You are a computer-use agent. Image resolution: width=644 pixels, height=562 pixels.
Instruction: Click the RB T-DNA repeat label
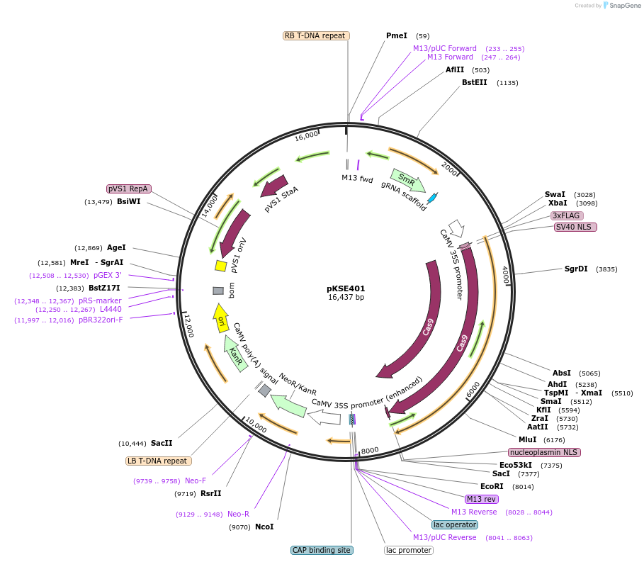pos(315,35)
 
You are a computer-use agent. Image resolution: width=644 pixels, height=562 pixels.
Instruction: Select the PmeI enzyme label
pos(397,35)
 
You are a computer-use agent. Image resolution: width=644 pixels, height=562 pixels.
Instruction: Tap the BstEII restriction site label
pos(475,83)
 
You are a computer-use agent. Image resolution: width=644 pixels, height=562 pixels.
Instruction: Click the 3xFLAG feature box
pos(567,215)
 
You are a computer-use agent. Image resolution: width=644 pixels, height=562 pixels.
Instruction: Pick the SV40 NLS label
pos(576,227)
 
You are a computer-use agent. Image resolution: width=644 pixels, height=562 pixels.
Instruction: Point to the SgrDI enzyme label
pos(576,269)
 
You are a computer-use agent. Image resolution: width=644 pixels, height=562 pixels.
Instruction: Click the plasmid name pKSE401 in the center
pos(346,288)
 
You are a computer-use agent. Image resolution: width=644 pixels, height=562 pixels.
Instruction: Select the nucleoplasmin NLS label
pos(544,452)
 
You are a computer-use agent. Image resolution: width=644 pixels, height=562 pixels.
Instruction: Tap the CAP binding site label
pos(322,550)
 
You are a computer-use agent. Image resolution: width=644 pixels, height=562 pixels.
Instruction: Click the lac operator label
pos(455,525)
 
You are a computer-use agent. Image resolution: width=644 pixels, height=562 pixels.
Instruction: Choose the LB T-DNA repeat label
pos(158,461)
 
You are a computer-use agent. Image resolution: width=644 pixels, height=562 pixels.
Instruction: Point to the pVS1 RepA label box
pos(128,189)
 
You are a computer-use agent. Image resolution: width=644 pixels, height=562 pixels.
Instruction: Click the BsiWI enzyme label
pos(129,202)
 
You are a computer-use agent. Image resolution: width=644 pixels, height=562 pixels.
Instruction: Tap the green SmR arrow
pos(407,180)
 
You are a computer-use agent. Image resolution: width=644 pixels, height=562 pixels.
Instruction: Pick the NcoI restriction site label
pos(264,527)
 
